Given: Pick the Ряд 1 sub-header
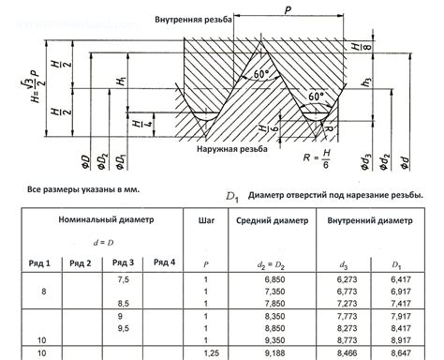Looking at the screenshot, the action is click(x=41, y=262).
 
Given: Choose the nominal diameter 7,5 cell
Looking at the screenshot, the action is click(x=122, y=280).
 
